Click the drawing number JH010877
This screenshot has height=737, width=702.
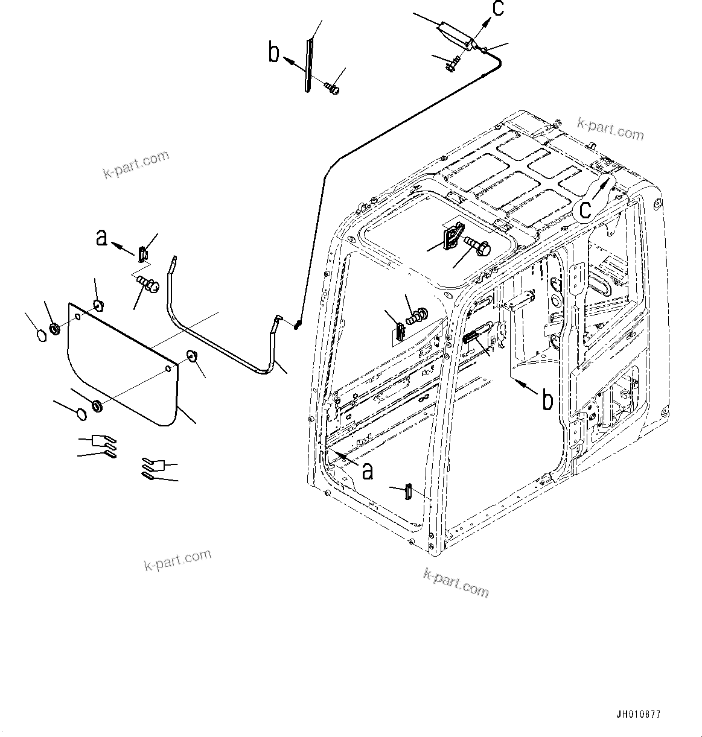coord(638,715)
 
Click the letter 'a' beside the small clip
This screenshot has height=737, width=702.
coord(102,238)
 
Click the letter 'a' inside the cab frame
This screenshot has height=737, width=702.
coord(367,469)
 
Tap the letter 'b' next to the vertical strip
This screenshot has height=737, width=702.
coord(275,53)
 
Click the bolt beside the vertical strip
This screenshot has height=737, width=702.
coord(332,89)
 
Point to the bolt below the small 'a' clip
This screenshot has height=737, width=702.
coord(147,282)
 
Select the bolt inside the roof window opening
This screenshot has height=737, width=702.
coord(479,244)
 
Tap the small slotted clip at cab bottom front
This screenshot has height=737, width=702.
coord(407,491)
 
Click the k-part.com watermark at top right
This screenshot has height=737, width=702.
coord(610,128)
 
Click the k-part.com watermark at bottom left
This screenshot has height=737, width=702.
coord(177,560)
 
